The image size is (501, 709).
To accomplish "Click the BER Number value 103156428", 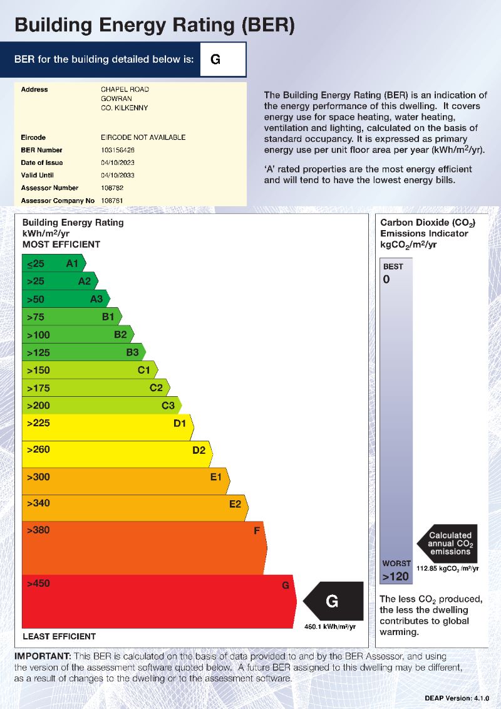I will (118, 150).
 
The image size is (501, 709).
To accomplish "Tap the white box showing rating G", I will (222, 60).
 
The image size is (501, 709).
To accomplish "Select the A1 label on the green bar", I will (72, 264).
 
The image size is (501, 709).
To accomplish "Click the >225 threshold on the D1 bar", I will (38, 423).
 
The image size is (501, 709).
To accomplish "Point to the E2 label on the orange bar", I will (235, 503).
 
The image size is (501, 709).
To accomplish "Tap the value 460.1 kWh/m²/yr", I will (330, 626).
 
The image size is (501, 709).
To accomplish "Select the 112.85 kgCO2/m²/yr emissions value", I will (447, 569).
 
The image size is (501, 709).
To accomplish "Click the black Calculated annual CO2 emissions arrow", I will (448, 543).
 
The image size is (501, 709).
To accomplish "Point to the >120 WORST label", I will (396, 576).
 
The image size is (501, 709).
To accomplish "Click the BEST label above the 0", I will (393, 266).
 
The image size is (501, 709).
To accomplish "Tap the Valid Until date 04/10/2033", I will (118, 176).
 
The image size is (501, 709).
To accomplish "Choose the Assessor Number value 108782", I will (112, 188).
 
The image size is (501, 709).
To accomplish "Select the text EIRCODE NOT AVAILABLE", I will (143, 137).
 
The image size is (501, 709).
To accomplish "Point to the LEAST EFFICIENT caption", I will (59, 636).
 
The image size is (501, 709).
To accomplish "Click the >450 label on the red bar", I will (38, 584).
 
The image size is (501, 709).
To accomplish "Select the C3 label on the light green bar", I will (168, 406).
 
